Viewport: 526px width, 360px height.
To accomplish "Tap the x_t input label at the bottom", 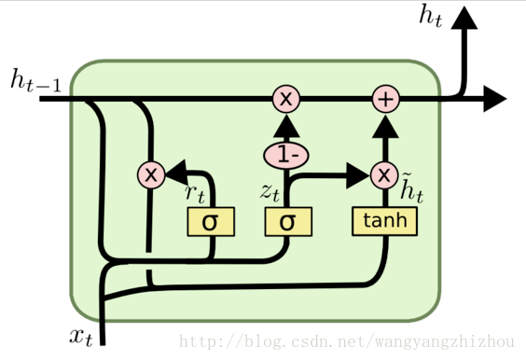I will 81,336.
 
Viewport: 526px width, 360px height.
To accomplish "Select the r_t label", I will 195,194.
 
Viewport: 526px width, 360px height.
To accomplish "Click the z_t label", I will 271,193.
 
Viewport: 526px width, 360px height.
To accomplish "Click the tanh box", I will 384,221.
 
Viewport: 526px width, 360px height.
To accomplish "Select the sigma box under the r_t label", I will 211,222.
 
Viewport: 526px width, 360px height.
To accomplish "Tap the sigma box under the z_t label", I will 287,222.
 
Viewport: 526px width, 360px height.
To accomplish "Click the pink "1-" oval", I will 286,151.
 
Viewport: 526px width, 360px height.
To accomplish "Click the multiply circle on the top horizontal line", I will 286,98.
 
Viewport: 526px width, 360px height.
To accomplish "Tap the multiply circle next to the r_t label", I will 151,173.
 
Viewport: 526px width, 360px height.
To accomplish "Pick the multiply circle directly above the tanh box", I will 384,173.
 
